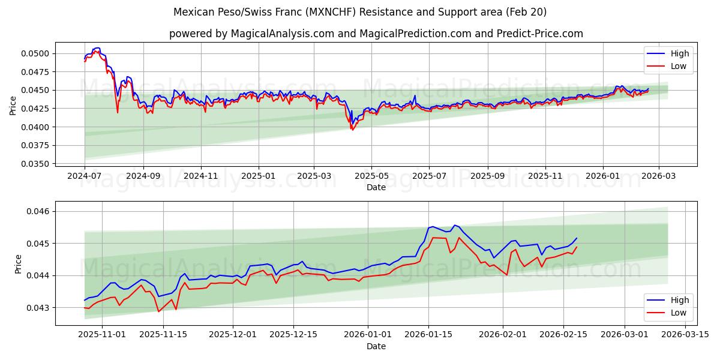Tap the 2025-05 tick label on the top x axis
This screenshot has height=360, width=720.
(x=371, y=176)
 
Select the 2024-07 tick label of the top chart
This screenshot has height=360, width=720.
(x=85, y=176)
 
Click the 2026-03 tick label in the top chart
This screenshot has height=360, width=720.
(x=659, y=176)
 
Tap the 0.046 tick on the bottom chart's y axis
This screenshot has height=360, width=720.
(x=38, y=211)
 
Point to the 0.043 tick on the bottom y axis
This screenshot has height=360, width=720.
(x=38, y=307)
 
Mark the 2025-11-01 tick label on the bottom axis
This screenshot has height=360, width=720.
(x=102, y=335)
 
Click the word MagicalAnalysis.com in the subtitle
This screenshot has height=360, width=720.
(x=283, y=34)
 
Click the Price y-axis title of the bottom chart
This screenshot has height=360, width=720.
(x=18, y=264)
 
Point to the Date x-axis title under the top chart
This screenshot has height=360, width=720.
(x=376, y=187)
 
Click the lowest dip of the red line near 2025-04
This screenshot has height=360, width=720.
(x=352, y=130)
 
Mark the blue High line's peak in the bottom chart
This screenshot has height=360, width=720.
(x=454, y=225)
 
